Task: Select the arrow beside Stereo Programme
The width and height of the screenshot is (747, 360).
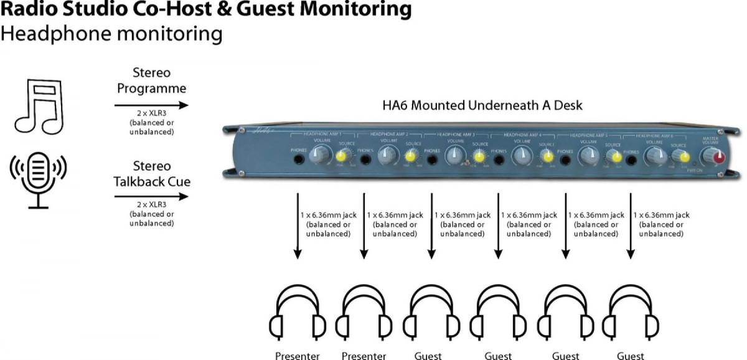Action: (x=151, y=106)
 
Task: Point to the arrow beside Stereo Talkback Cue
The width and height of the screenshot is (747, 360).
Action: (x=151, y=197)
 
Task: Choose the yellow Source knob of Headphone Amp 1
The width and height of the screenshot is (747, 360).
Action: (x=343, y=156)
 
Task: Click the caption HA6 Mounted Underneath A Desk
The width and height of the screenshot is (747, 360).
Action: (x=482, y=105)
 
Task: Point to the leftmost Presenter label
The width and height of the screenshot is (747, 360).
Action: (x=298, y=356)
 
